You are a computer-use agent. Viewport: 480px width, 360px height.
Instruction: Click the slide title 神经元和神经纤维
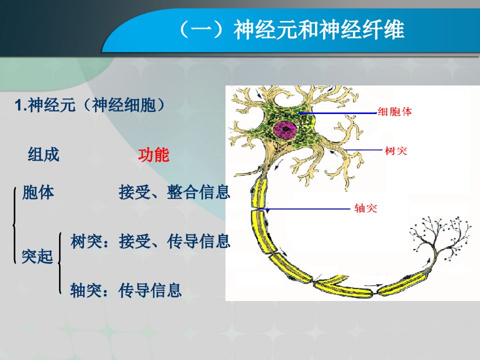(319, 29)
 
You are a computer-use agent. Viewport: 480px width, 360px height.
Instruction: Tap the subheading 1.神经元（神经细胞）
(90, 105)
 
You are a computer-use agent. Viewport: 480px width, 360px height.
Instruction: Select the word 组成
(43, 154)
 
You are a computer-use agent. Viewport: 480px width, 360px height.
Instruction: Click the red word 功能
(153, 155)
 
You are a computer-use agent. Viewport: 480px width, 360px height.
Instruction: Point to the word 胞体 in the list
(38, 192)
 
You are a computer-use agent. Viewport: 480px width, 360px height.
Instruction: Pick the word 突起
(37, 256)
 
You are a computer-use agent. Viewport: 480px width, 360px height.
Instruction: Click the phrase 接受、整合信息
(174, 192)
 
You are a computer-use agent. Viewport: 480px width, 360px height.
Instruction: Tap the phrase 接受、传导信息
(174, 241)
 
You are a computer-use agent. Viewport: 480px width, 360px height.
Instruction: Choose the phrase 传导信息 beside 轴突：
(150, 290)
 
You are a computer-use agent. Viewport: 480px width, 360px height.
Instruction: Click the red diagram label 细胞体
(395, 111)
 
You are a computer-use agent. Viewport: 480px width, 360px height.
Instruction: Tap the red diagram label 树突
(396, 150)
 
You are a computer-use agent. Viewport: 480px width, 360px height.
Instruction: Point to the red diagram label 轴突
(366, 208)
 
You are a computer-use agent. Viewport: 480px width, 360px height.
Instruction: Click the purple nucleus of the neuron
(285, 129)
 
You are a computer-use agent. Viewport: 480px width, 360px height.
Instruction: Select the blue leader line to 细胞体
(337, 113)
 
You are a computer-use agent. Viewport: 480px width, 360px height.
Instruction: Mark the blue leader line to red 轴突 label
(303, 209)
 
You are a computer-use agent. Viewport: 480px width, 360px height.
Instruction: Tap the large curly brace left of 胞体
(14, 225)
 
